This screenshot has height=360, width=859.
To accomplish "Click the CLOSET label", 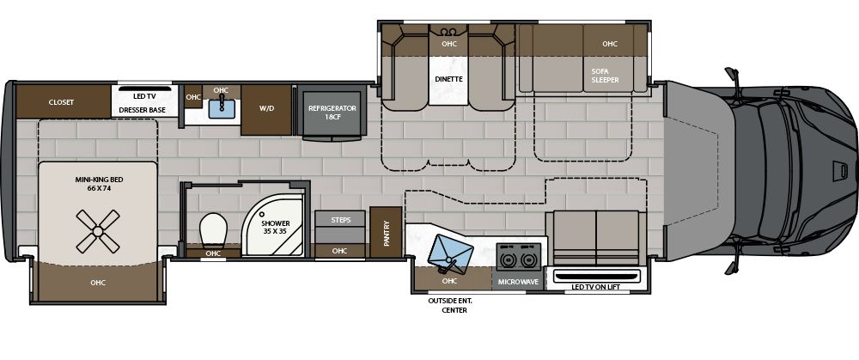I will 61,102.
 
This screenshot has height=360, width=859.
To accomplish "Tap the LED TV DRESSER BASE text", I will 142,102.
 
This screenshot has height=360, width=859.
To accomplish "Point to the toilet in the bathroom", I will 212,230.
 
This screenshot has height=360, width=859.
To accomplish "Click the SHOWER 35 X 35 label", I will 276,228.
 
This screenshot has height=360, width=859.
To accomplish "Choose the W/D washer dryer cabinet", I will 265,109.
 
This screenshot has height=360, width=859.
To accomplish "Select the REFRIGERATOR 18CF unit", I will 331,113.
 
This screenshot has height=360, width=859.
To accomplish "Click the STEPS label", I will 339,219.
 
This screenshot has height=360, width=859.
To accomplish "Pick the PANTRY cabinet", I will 387,233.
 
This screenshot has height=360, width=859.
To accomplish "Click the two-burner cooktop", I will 518,257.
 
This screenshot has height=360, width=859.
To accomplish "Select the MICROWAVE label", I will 518,281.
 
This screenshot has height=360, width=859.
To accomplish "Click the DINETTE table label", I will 448,79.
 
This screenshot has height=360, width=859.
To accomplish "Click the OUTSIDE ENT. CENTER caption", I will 450,306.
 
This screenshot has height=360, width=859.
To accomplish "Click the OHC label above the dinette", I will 448,43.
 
